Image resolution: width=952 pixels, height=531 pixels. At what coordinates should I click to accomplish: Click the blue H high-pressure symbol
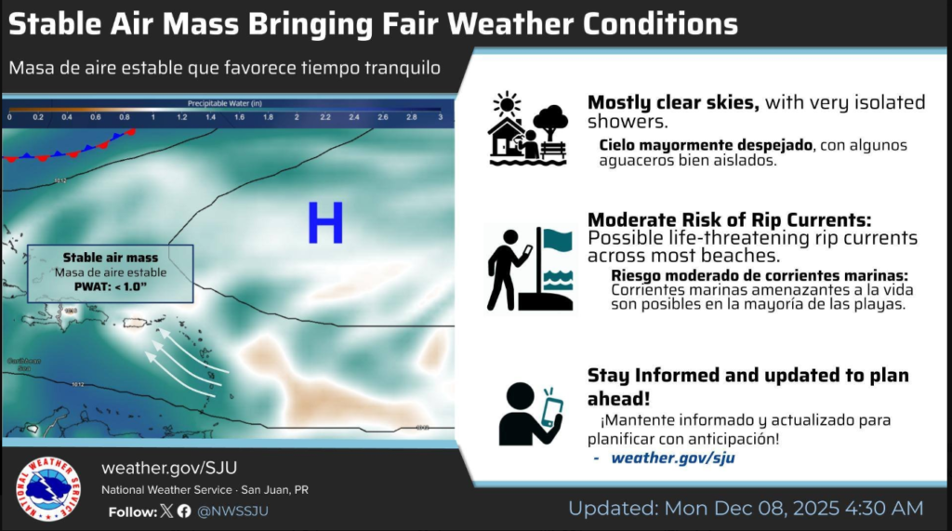325,224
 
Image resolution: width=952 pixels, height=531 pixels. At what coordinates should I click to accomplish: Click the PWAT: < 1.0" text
110,287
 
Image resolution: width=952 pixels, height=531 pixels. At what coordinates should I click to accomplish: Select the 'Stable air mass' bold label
110,258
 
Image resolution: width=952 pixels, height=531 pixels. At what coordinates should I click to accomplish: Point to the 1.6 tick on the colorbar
239,118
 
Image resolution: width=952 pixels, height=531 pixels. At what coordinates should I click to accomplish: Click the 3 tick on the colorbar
439,118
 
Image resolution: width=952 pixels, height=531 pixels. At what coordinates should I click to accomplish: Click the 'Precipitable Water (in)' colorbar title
224,102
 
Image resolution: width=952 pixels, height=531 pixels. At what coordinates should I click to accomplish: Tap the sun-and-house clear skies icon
527,129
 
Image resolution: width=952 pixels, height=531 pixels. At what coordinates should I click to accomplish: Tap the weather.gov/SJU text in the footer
162,468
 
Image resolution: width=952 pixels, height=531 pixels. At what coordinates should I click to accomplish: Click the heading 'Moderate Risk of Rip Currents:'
729,219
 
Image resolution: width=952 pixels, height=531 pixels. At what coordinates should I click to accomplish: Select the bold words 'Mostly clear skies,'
673,103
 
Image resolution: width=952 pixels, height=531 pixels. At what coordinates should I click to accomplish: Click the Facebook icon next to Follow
184,511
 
